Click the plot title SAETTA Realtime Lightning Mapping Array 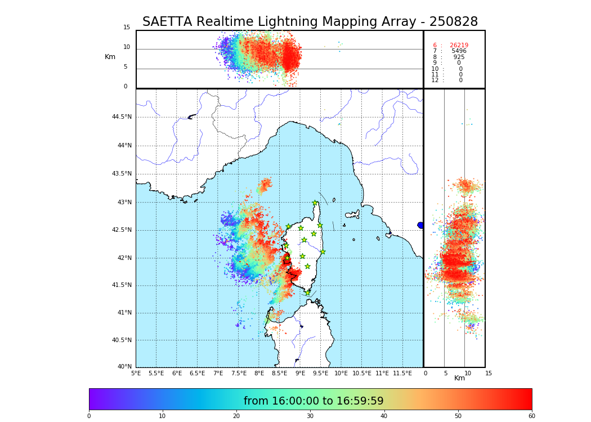tap(310, 22)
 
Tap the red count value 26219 tap(459, 46)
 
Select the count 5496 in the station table tap(459, 51)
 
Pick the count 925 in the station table tap(459, 57)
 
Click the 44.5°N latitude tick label tap(122, 117)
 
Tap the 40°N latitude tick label tap(124, 367)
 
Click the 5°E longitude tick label tap(136, 373)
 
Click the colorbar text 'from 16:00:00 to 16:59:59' tap(314, 401)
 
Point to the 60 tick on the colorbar tap(531, 416)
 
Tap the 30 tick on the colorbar tap(310, 416)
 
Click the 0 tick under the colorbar tap(89, 416)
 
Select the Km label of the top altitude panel tap(110, 57)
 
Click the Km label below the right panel tap(459, 378)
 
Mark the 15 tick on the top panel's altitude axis tap(127, 28)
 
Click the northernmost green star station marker tap(315, 203)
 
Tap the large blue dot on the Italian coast tap(420, 225)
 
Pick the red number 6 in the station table tap(435, 46)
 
